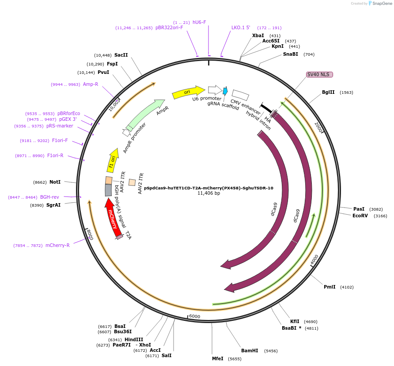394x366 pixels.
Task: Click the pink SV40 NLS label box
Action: click(319, 74)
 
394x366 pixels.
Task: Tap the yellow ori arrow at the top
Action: click(188, 92)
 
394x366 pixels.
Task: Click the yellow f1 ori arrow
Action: click(113, 161)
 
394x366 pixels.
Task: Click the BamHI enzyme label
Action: click(249, 351)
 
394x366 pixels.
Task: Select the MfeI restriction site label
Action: click(218, 359)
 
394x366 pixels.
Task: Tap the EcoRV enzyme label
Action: click(360, 216)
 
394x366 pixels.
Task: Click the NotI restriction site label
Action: click(55, 182)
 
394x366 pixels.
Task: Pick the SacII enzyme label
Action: click(121, 55)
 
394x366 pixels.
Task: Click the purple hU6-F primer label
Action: click(199, 22)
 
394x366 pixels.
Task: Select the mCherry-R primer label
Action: click(57, 245)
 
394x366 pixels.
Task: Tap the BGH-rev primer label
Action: click(49, 197)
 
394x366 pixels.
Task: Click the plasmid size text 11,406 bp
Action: click(208, 193)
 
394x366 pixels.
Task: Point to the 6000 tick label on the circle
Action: click(195, 316)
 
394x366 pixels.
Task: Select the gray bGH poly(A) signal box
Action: click(108, 190)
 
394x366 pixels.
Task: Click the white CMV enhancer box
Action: click(240, 95)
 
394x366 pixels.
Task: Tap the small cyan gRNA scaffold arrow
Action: click(225, 91)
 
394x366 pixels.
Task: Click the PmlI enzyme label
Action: click(330, 287)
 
